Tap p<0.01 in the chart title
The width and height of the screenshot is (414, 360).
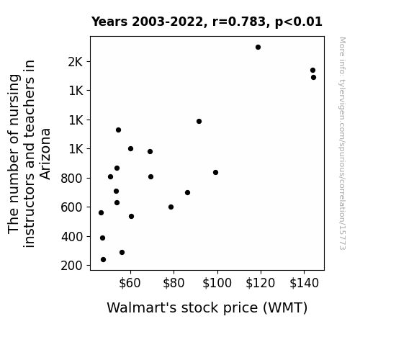tap(299, 22)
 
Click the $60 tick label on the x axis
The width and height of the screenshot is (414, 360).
tap(130, 283)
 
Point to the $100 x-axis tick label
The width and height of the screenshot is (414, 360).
tap(217, 283)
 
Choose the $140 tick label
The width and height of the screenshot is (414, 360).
tap(304, 283)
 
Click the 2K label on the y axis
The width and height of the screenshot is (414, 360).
tap(76, 62)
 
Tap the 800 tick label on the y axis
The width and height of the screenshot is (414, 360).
tap(71, 179)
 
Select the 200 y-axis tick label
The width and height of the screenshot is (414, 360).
tap(71, 266)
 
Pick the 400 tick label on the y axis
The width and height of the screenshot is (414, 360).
tap(71, 237)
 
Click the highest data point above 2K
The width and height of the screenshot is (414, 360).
tap(258, 48)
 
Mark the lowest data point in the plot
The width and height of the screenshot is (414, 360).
tap(103, 260)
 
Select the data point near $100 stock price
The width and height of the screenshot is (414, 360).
tap(215, 173)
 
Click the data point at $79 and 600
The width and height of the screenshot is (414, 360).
tap(171, 207)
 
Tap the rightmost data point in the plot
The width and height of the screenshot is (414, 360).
tap(313, 77)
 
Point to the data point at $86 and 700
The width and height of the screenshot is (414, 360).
tap(187, 192)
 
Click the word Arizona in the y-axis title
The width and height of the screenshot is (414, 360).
tap(45, 154)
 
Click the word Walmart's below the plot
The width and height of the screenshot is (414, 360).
tap(141, 307)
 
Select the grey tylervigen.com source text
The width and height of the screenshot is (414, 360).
tap(342, 143)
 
